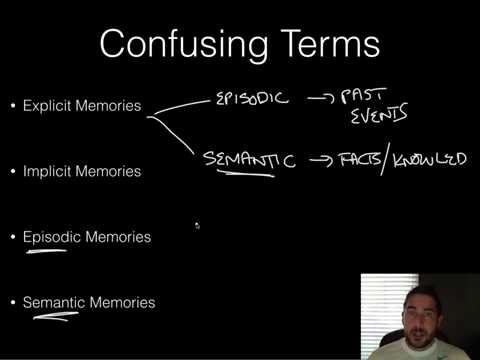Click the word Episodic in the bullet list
(x=50, y=237)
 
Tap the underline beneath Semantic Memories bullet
(x=53, y=319)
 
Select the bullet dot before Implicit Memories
(x=12, y=171)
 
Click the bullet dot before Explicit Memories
(x=12, y=105)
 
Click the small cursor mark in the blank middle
(x=197, y=226)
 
